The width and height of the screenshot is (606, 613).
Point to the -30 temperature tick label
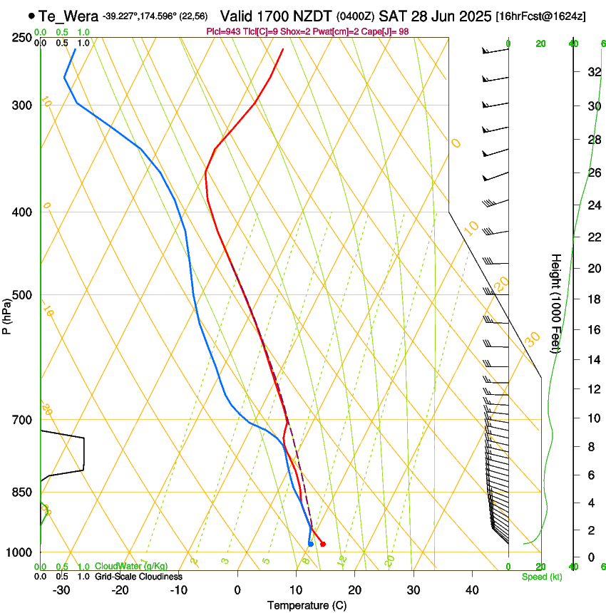tap(61, 589)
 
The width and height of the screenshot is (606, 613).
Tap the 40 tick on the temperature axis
tap(471, 589)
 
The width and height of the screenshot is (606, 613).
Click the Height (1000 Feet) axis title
tap(556, 303)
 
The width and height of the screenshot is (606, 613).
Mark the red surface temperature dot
tap(323, 544)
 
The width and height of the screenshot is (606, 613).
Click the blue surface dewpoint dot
tap(311, 544)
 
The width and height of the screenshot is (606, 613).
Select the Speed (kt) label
tap(541, 577)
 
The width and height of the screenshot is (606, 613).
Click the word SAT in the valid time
tap(391, 16)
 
